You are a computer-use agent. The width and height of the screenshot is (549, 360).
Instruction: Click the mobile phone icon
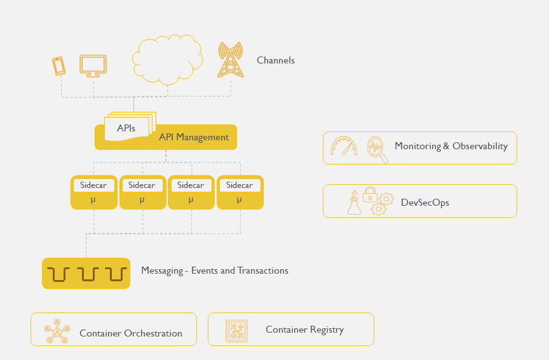tap(58, 66)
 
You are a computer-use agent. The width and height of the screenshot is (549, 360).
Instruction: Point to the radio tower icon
tap(230, 60)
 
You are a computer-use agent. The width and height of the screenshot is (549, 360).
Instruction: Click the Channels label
tap(276, 61)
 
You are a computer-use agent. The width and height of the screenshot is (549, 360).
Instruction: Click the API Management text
tap(194, 137)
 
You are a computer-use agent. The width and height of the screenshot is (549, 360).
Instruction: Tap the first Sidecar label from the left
tap(93, 185)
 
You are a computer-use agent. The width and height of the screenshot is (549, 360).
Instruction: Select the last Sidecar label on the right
tap(240, 185)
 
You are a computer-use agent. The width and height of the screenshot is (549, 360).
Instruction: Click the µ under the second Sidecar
tap(142, 200)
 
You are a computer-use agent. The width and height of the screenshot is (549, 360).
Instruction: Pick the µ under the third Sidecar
tap(191, 200)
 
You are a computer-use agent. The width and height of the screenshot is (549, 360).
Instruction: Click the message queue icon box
tap(86, 274)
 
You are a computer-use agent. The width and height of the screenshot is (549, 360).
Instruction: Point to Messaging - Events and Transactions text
tap(215, 271)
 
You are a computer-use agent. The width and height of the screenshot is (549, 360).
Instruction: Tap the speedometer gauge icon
tap(344, 147)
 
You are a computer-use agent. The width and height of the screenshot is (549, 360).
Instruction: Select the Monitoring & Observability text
tap(451, 146)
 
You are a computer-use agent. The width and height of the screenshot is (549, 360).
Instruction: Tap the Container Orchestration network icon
tap(57, 330)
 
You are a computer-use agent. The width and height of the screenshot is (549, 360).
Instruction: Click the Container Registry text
tap(304, 330)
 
